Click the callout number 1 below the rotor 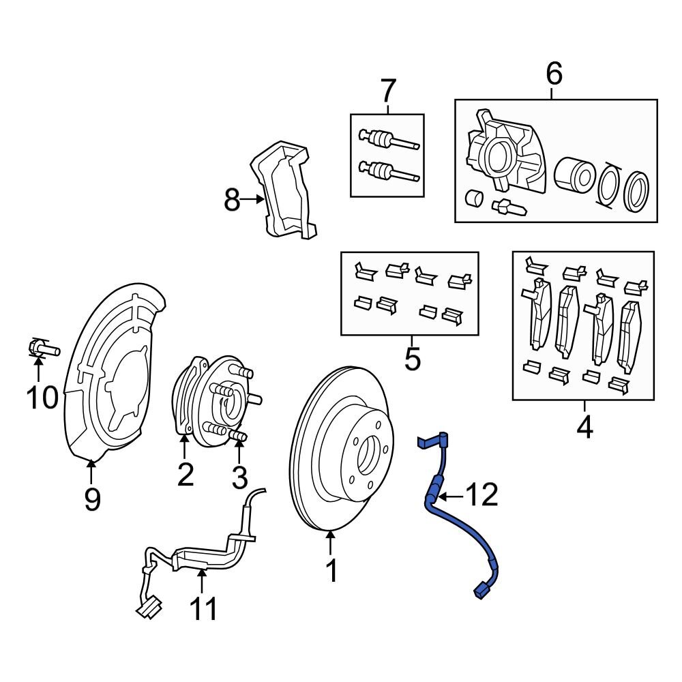point(331,571)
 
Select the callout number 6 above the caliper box point(554,74)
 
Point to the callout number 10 point(42,398)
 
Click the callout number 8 point(233,201)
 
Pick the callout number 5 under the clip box point(412,358)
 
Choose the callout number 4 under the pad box point(584,428)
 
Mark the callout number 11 point(203,608)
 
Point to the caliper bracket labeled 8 point(284,191)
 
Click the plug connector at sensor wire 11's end point(149,606)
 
